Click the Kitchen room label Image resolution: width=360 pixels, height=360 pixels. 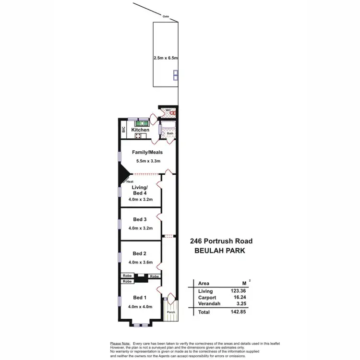coord(141,130)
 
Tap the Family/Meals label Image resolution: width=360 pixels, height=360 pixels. coord(144,152)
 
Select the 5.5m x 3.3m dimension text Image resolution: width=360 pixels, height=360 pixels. coord(144,162)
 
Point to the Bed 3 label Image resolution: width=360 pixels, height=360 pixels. coord(140,219)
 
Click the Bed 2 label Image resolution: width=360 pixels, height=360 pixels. coord(140,253)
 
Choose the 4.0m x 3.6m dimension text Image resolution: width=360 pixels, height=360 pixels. coord(140,263)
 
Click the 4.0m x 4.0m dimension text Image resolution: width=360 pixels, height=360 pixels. coord(140,306)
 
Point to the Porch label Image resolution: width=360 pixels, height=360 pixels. coord(170,312)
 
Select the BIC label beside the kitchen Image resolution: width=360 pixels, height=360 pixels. coord(123,129)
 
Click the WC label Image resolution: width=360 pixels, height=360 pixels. coord(168,110)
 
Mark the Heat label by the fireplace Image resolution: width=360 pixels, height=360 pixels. coord(129,182)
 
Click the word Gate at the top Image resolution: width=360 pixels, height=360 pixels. coord(166,16)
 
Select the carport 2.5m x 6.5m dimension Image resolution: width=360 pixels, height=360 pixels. coord(166,58)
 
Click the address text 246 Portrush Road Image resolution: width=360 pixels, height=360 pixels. coord(221,241)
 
